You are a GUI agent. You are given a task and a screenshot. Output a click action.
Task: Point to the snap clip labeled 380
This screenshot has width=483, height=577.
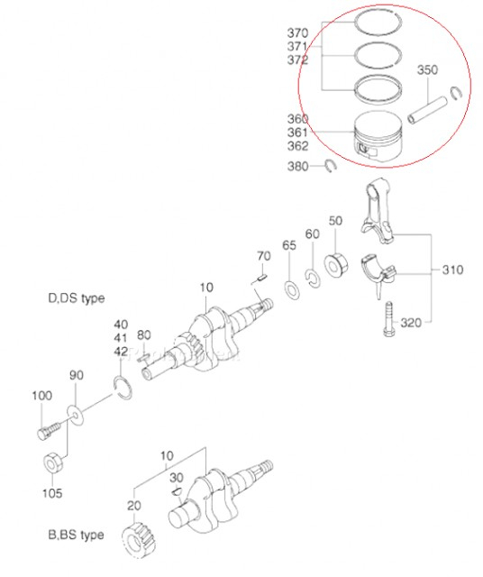(330, 165)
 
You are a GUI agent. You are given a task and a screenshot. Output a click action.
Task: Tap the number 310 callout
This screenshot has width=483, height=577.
(454, 270)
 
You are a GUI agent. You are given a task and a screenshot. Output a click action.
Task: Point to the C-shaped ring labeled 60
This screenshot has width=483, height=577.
(313, 278)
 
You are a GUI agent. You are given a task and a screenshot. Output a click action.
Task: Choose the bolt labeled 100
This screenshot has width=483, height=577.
(44, 426)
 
